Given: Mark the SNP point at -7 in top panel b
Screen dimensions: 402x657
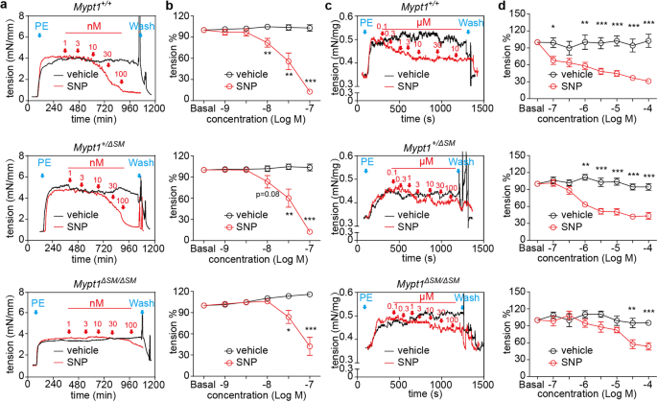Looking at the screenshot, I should pyautogui.click(x=310, y=92).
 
